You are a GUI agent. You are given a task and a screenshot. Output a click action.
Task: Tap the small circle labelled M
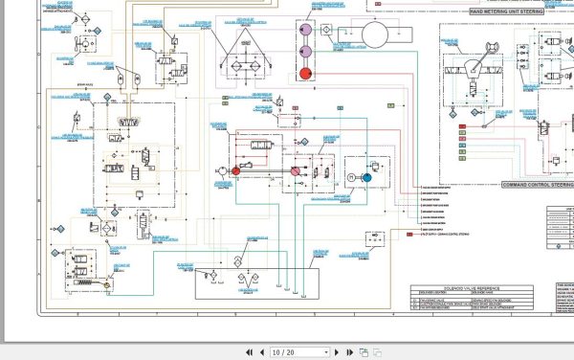point(351,178)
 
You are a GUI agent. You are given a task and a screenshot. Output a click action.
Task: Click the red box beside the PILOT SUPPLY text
point(408,234)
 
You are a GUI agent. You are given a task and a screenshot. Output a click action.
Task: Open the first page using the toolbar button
point(249,351)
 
